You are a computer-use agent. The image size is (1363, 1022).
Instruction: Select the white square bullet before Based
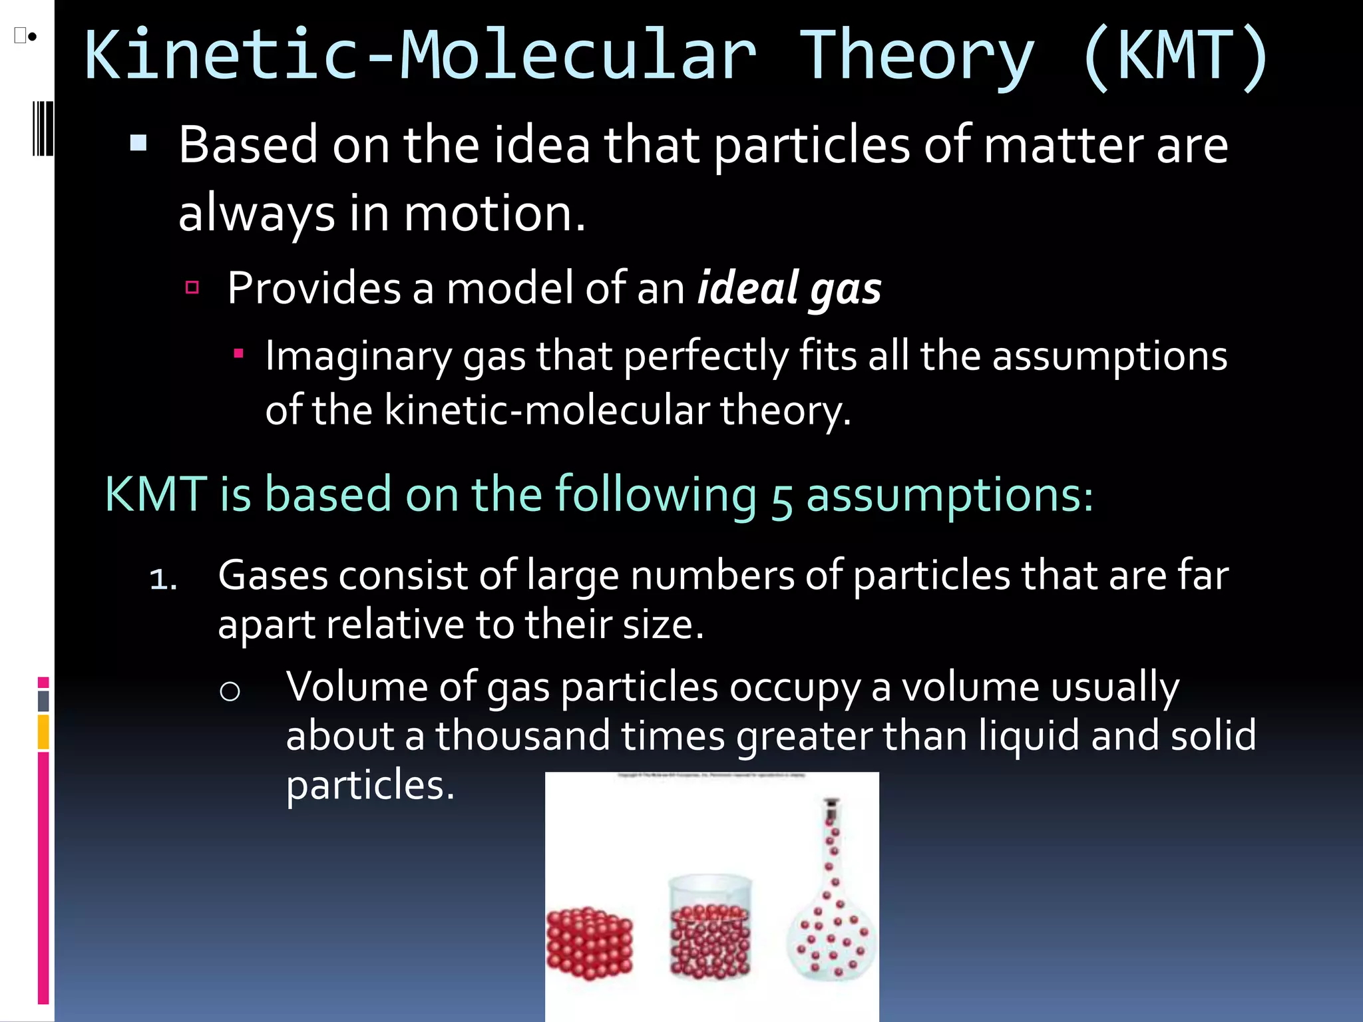(138, 143)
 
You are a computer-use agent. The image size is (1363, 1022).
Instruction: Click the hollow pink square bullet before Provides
(192, 287)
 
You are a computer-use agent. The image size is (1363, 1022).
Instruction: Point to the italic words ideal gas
(789, 289)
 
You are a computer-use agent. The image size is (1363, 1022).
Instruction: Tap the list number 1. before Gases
(163, 579)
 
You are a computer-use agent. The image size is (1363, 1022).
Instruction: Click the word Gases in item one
(273, 576)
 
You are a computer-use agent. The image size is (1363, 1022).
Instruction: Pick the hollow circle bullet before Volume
(230, 692)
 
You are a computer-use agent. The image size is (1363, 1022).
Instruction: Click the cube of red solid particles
(589, 943)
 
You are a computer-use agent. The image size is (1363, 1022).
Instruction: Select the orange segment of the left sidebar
(43, 732)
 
